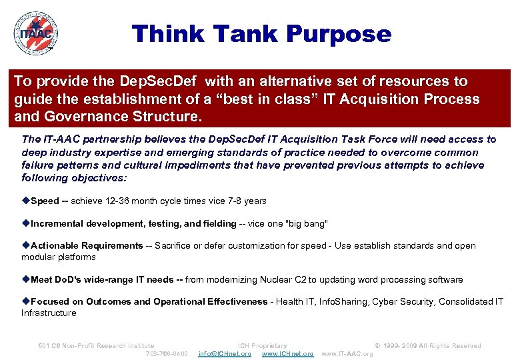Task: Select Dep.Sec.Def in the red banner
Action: click(160, 81)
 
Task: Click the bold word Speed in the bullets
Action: click(45, 201)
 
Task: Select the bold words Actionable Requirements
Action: click(87, 245)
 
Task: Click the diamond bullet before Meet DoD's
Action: click(25, 279)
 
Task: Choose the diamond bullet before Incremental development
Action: click(25, 223)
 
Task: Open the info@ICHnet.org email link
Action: click(225, 353)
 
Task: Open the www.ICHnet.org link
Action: click(287, 353)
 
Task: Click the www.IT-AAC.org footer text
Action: click(347, 353)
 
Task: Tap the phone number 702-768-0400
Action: click(167, 353)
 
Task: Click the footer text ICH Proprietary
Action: click(262, 345)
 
